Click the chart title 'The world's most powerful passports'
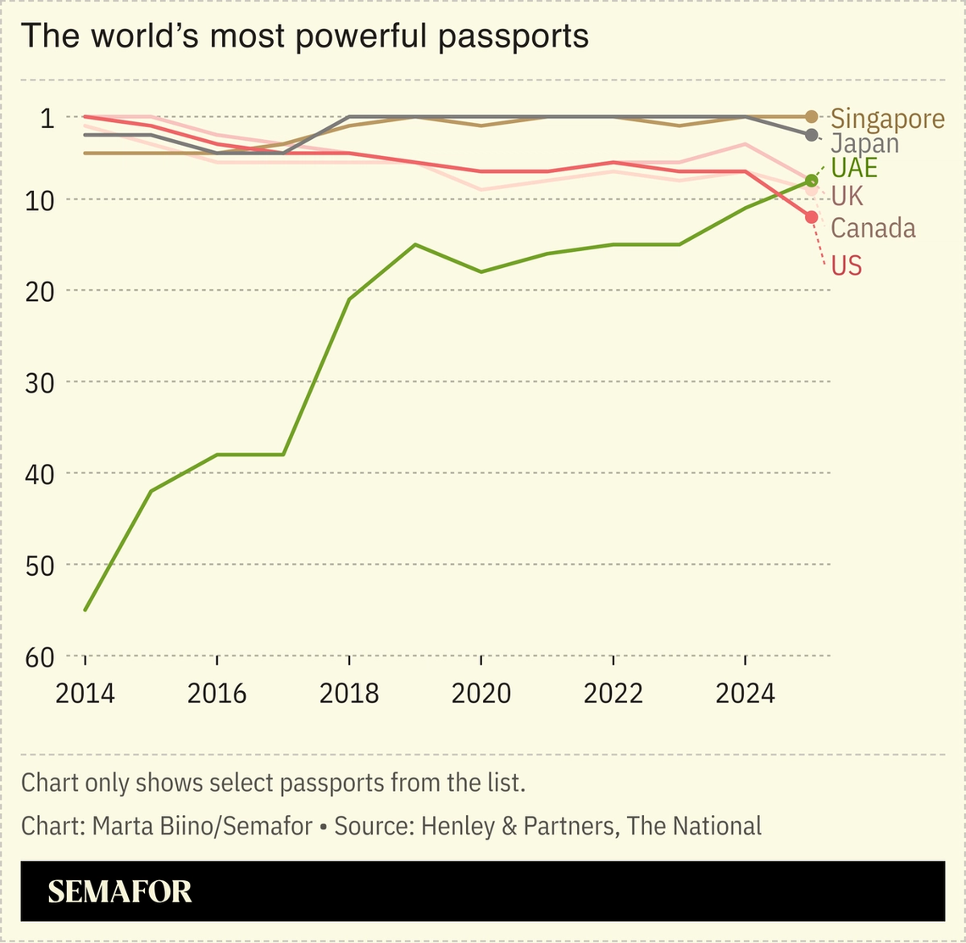304,36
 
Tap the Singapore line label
887,119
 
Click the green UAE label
854,167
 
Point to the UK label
847,196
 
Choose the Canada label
873,227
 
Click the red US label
846,265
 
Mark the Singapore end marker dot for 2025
811,117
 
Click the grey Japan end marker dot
811,135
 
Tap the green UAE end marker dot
811,181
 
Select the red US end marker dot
811,217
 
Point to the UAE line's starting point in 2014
86,609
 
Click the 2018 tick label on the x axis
349,693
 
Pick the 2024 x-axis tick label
745,693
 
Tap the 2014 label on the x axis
85,693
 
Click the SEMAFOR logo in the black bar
119,891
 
